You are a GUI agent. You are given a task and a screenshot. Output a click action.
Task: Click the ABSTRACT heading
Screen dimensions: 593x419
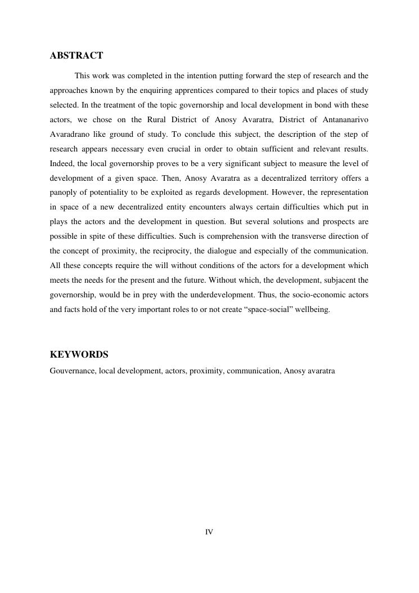[x=76, y=56]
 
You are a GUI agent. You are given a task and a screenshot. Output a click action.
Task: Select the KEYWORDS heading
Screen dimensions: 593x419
[x=79, y=355]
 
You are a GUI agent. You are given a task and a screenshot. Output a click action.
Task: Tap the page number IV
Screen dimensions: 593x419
[x=209, y=532]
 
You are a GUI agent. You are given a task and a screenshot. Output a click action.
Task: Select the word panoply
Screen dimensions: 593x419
[x=64, y=193]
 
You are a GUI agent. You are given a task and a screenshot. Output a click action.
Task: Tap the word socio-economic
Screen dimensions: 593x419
[x=300, y=295]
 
